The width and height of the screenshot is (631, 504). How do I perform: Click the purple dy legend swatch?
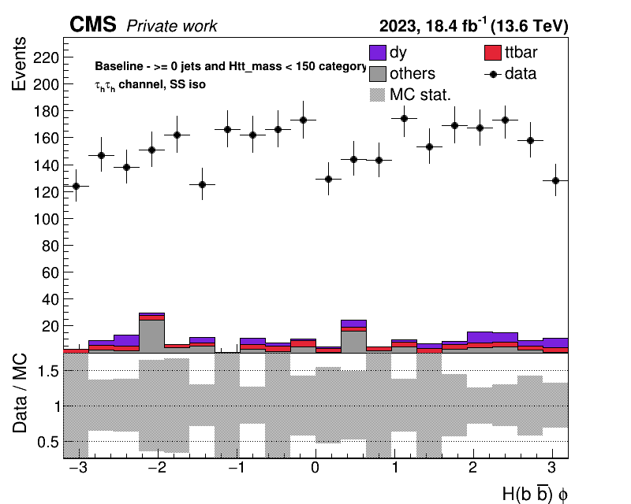click(378, 53)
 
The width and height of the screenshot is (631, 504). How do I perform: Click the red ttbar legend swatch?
click(492, 53)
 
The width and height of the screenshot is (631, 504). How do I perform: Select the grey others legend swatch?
click(378, 74)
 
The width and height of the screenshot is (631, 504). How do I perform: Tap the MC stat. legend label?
click(420, 94)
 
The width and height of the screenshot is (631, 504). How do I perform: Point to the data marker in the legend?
click(492, 74)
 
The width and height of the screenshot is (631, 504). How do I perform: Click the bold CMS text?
click(93, 24)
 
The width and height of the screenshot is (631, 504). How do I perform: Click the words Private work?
click(172, 26)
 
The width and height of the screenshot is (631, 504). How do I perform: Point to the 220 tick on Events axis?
click(46, 57)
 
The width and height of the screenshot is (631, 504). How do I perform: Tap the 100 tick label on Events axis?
click(46, 220)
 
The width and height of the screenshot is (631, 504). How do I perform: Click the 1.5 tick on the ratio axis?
click(48, 371)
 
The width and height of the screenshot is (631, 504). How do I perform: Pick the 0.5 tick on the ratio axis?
click(48, 442)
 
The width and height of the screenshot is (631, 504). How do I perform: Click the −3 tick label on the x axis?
click(78, 468)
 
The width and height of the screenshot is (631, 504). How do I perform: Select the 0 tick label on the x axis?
click(315, 468)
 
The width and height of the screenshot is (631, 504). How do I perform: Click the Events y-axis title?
click(19, 64)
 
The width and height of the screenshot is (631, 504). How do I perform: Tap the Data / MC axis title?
click(20, 393)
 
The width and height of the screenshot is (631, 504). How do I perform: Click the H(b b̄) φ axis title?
click(536, 494)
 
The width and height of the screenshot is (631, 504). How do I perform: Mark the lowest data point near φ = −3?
click(76, 186)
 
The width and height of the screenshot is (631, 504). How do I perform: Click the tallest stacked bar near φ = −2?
click(151, 333)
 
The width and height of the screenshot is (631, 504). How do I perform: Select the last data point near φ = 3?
click(556, 180)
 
